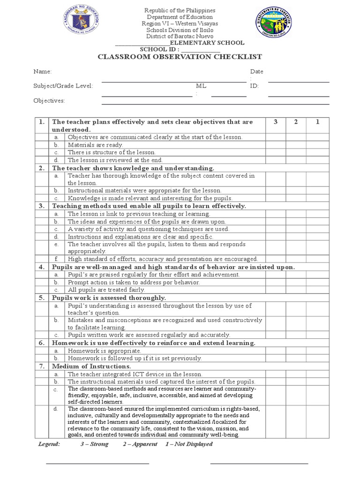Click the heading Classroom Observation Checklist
pyautogui.click(x=180, y=57)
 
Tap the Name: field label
pyautogui.click(x=42, y=72)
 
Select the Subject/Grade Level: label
pyautogui.click(x=63, y=86)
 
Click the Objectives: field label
pyautogui.click(x=49, y=101)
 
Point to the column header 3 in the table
pyautogui.click(x=276, y=122)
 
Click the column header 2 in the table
pyautogui.click(x=296, y=122)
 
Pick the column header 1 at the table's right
pyautogui.click(x=317, y=122)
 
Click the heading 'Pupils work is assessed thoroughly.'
pyautogui.click(x=109, y=298)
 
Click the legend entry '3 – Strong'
pyautogui.click(x=94, y=444)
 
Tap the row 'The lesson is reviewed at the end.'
pyautogui.click(x=115, y=160)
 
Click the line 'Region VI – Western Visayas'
pyautogui.click(x=180, y=23)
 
